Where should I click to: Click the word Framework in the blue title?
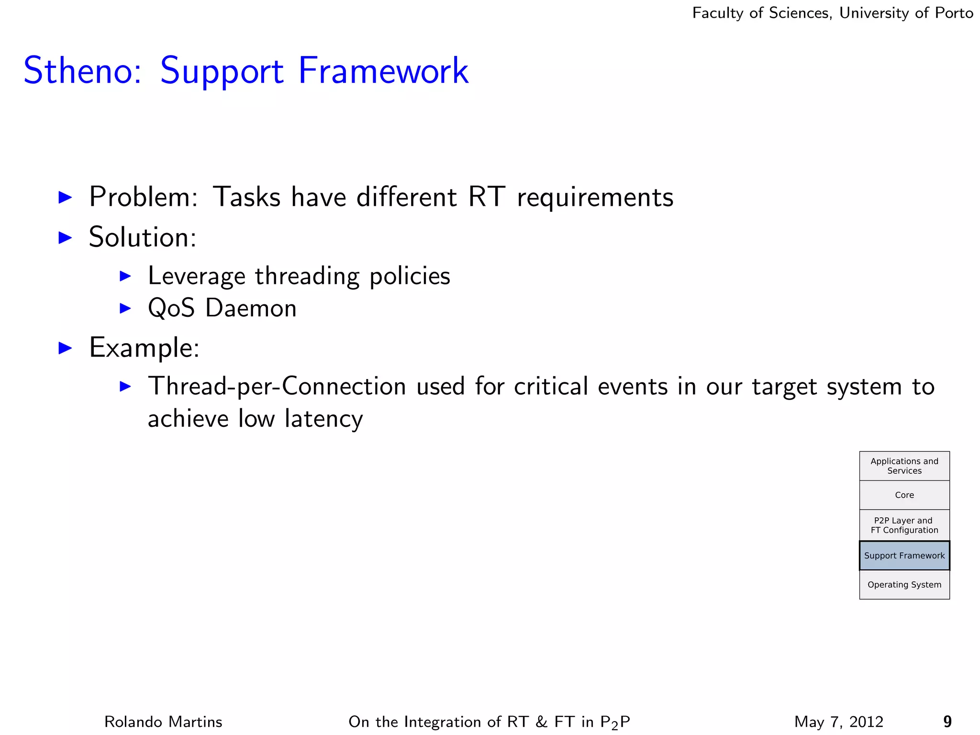(383, 71)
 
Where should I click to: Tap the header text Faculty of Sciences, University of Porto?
(832, 13)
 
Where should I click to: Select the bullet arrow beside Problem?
(65, 197)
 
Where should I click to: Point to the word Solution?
(142, 237)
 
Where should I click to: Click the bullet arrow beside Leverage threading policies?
(125, 276)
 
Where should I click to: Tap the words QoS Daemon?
(222, 308)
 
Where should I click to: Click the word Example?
(144, 347)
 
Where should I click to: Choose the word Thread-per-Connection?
(277, 386)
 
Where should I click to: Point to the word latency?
(323, 418)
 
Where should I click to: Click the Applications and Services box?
(904, 466)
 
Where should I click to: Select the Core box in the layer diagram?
(904, 495)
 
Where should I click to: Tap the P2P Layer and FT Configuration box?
(904, 525)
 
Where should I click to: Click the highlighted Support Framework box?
(904, 556)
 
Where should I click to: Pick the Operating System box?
(904, 585)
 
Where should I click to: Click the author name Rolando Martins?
(163, 722)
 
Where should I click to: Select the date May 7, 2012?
(838, 722)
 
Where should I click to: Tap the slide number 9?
(947, 722)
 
